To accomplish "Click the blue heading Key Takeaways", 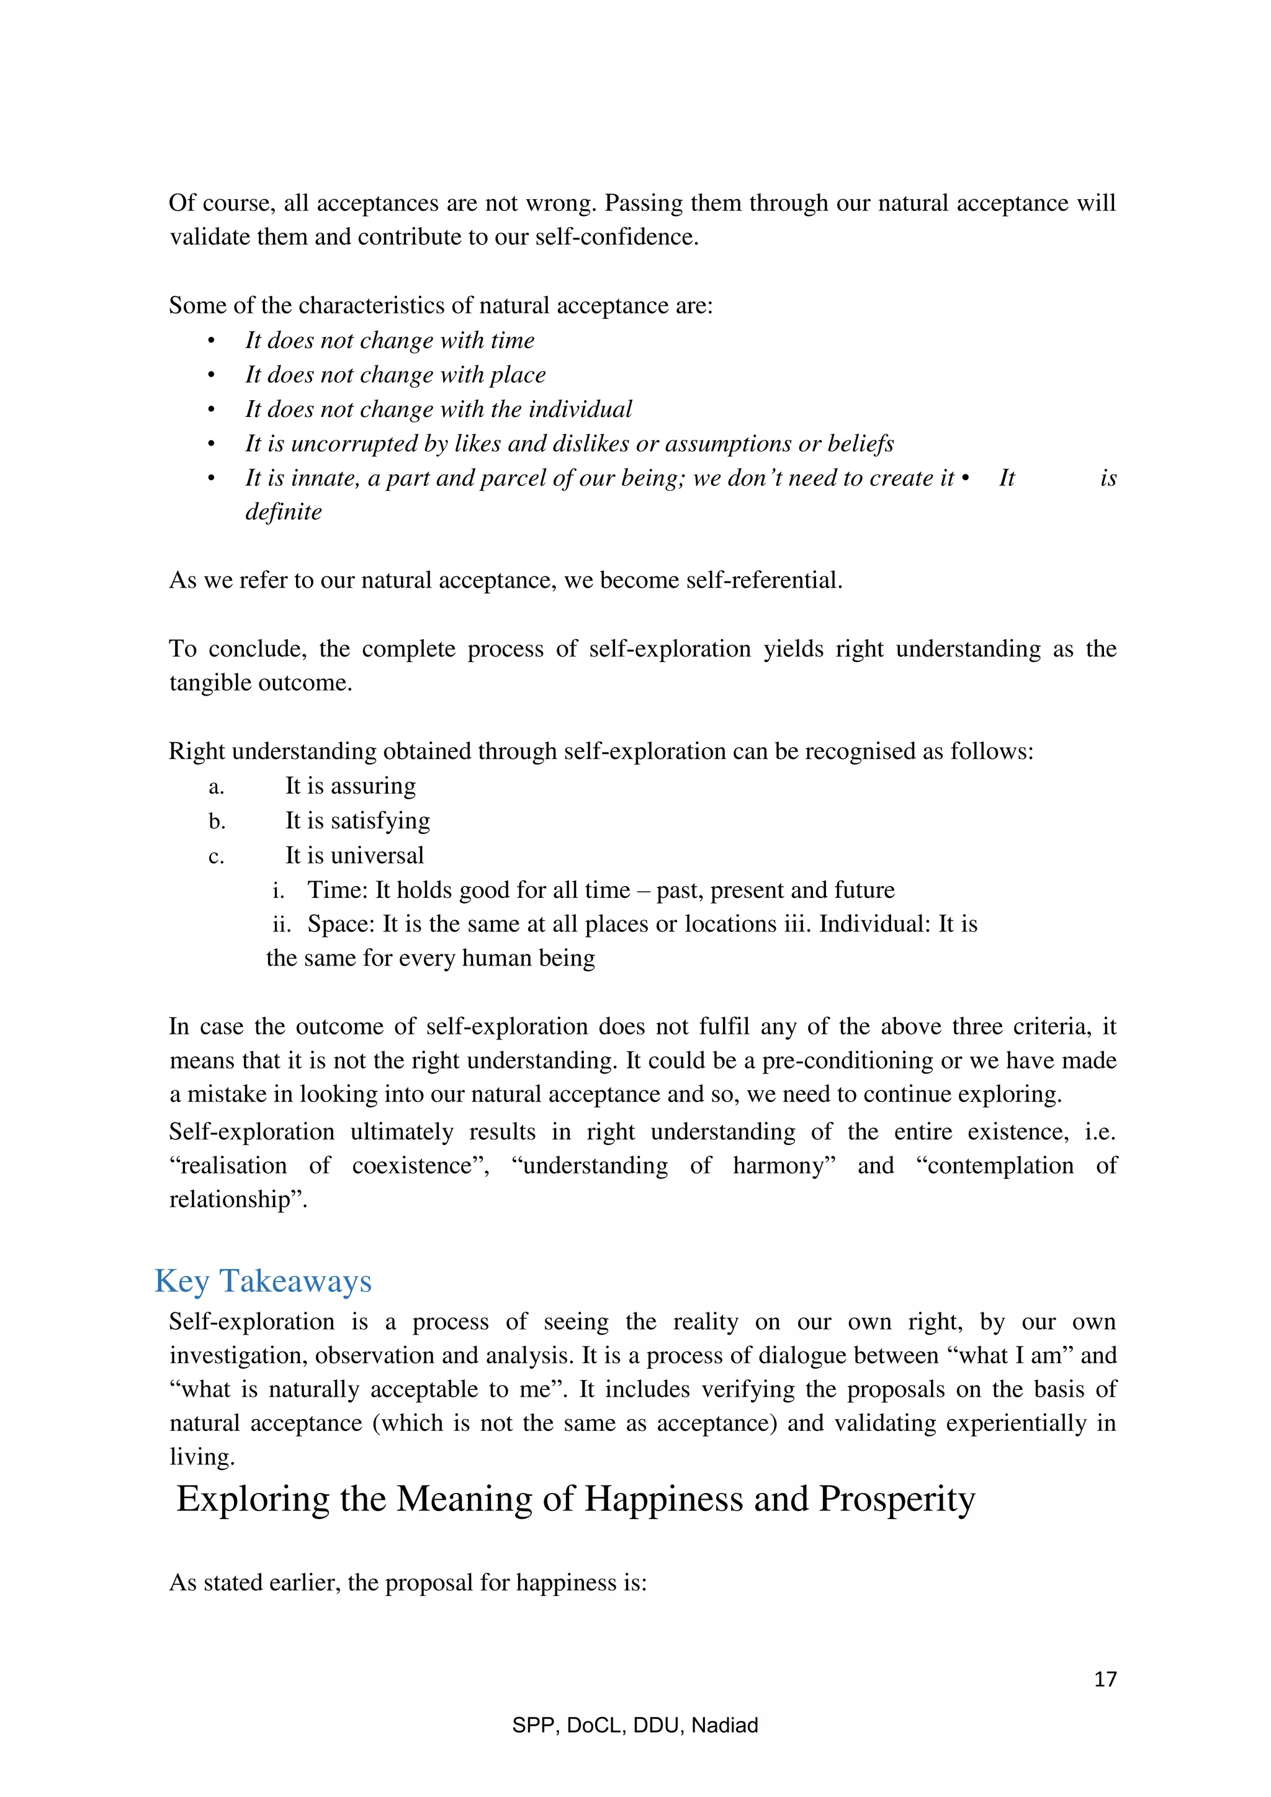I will point(263,1281).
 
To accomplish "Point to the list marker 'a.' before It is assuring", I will point(217,787).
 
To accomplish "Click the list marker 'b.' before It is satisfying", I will point(217,821).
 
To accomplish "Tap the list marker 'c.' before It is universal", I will point(217,857).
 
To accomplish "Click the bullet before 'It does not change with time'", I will point(210,341).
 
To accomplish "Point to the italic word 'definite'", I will point(284,512).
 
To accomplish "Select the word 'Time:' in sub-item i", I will point(338,890).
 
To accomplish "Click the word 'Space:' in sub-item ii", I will point(341,925).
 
